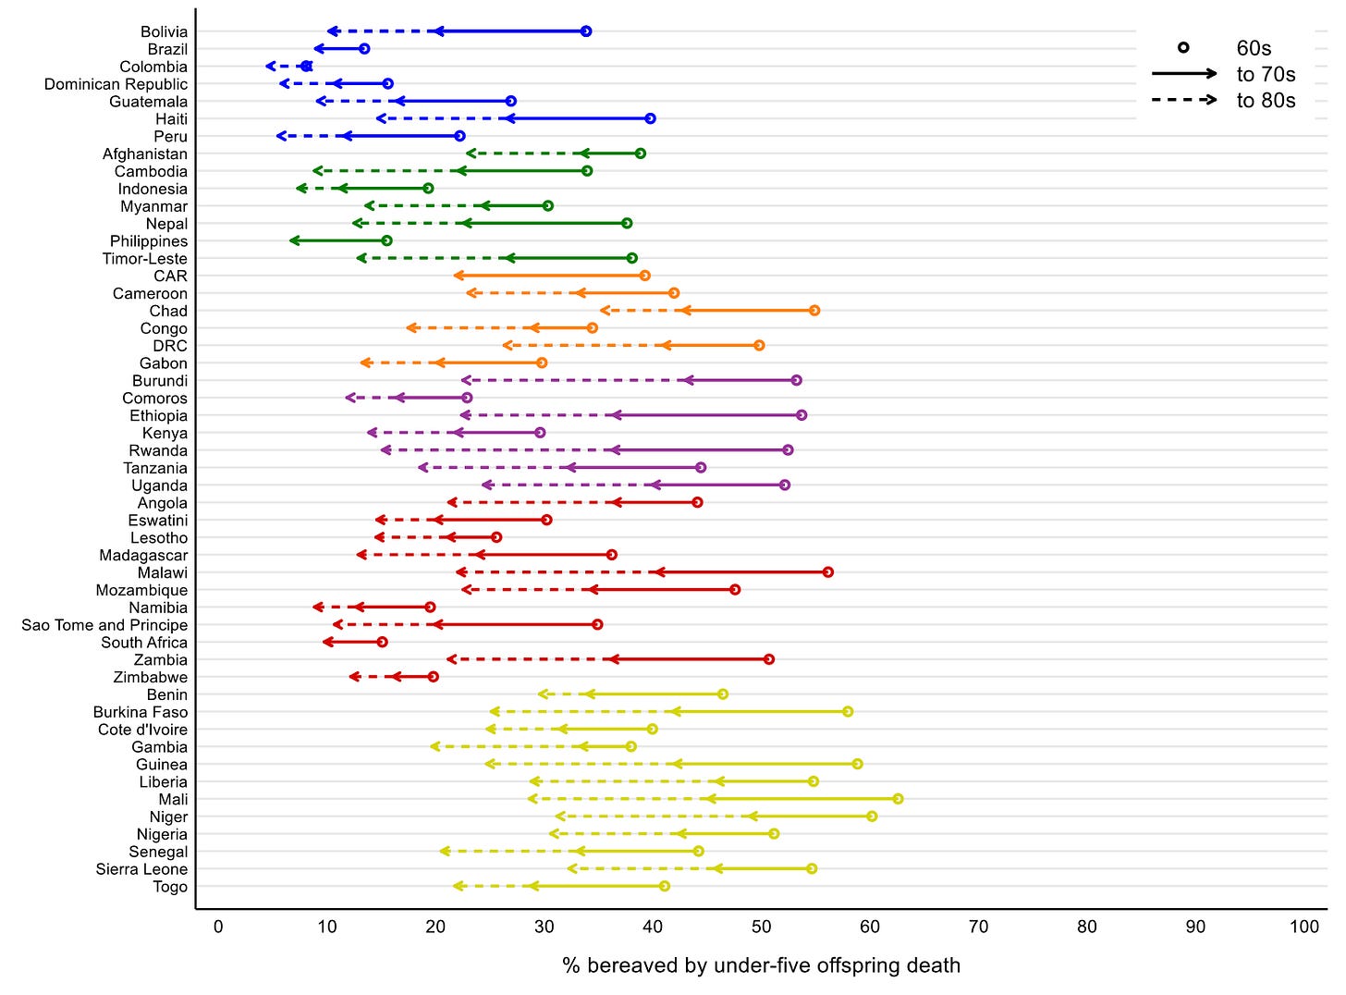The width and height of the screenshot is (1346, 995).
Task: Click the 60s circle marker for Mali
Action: (898, 799)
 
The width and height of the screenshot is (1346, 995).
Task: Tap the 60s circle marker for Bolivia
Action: (586, 31)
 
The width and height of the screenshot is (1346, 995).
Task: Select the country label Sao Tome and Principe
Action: (104, 625)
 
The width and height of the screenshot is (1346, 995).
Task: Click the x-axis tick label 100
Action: (1304, 927)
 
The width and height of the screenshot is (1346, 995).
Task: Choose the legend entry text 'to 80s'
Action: (1266, 100)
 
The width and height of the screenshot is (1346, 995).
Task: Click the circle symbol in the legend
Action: (1183, 48)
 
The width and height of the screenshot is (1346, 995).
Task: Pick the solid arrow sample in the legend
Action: (1184, 74)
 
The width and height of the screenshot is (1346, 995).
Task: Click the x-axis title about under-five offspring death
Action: (762, 965)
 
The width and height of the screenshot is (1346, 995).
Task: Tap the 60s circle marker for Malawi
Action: (828, 572)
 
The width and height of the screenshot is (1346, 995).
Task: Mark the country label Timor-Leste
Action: (145, 259)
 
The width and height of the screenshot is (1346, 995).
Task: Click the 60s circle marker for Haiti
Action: (651, 118)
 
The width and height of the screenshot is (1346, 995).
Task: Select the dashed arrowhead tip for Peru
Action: (278, 136)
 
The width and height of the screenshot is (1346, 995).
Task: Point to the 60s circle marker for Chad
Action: (814, 311)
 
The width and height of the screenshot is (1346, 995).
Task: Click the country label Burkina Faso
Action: (141, 712)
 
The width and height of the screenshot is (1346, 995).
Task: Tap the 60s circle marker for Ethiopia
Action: (801, 415)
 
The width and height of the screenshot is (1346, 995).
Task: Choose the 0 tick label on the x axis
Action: (218, 927)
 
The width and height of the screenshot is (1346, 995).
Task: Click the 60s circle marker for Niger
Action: (872, 817)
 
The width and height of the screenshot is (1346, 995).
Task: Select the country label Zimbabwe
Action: (150, 677)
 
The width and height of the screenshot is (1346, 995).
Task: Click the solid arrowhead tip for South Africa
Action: (324, 642)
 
